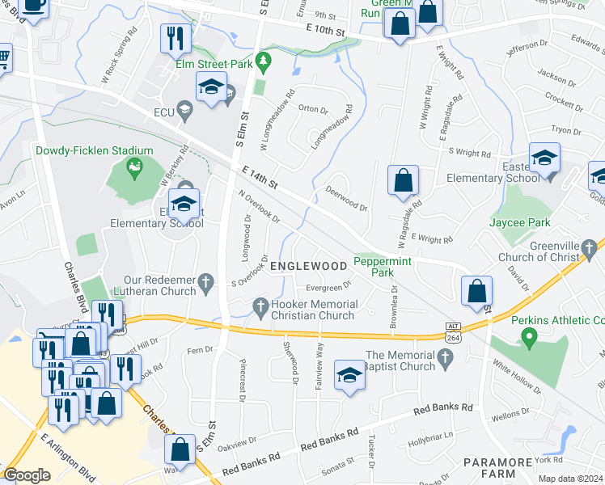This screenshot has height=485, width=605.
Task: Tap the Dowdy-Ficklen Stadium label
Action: pos(94,150)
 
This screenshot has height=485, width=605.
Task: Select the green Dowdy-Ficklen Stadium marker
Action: pos(134,169)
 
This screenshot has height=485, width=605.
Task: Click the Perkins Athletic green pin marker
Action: pos(530,335)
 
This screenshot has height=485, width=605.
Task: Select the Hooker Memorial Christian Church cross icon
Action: pos(260,305)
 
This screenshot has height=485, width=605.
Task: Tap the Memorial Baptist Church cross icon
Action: pos(444,356)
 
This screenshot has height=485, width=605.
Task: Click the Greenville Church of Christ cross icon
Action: pos(592,245)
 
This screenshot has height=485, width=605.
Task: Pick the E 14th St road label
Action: pos(260,177)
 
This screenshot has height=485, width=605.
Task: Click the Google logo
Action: pos(27,475)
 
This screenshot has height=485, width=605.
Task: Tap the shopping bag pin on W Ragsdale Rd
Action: pos(403,181)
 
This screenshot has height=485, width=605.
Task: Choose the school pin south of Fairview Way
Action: pos(349,375)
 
